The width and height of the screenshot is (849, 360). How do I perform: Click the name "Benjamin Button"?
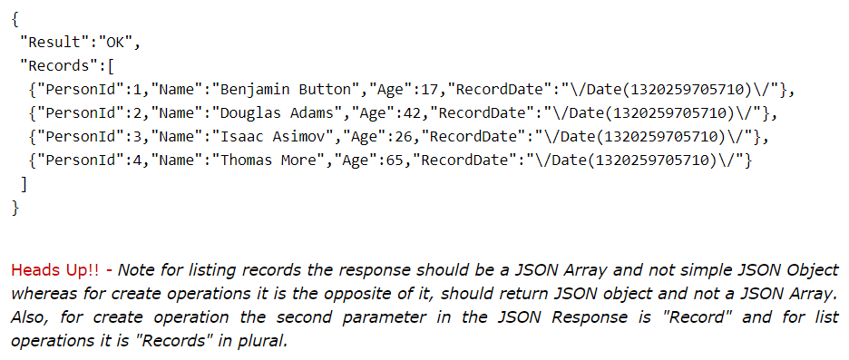(282, 90)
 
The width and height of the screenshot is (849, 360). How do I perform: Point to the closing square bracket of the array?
(24, 184)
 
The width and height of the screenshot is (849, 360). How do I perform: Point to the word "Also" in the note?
(28, 317)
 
